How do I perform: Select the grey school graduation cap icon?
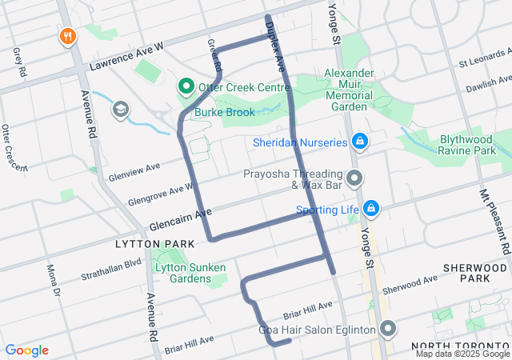pos(121,109)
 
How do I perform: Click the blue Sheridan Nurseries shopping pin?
pos(360,142)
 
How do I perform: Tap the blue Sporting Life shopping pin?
pos(370,210)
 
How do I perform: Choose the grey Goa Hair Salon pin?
pos(389,330)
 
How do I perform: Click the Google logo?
pos(26,350)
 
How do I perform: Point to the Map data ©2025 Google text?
pos(462,354)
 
